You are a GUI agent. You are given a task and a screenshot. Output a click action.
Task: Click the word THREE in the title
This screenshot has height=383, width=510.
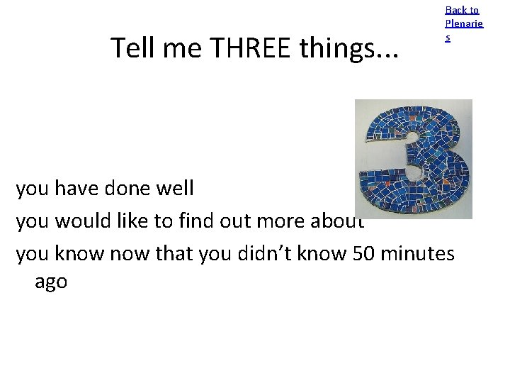[253, 48]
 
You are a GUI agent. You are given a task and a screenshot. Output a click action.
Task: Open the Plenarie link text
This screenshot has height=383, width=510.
[464, 23]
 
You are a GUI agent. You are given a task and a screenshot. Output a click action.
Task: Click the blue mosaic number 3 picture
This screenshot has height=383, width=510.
[413, 158]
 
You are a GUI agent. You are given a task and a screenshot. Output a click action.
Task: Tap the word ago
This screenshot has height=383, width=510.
[51, 282]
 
